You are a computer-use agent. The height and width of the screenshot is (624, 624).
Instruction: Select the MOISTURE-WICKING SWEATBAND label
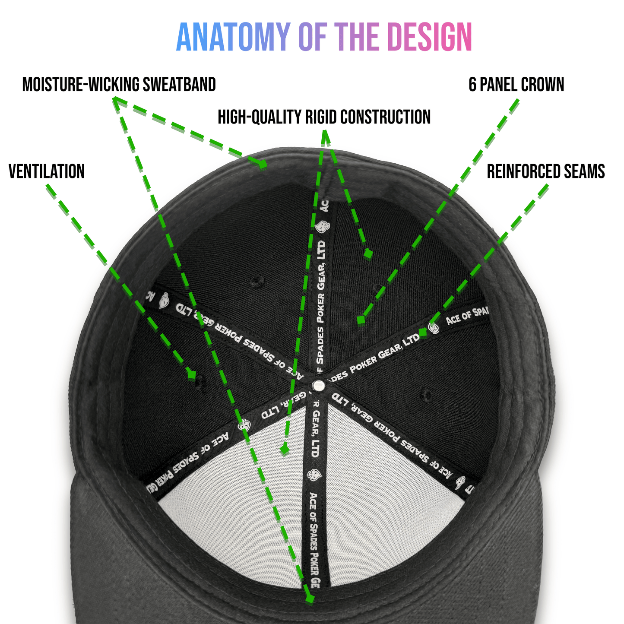(119, 85)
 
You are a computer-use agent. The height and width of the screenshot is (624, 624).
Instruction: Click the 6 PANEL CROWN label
(516, 85)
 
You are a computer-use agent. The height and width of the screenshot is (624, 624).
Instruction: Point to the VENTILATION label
(47, 171)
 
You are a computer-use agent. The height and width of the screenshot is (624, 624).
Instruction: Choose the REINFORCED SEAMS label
(546, 171)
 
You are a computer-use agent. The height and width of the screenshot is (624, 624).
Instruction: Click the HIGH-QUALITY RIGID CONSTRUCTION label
(324, 117)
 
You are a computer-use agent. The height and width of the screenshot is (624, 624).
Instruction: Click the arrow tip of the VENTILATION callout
(191, 375)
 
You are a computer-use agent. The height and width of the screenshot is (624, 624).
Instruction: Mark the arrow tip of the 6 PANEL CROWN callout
(361, 320)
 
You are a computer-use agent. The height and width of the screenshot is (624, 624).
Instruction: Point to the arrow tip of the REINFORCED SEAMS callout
(423, 332)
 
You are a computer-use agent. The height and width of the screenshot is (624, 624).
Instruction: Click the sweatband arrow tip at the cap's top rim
(262, 164)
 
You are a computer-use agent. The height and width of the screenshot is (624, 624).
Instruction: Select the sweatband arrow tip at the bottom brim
(309, 599)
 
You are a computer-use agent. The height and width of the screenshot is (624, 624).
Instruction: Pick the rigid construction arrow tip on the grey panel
(284, 450)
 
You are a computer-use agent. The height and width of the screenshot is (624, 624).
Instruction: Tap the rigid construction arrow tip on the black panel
(368, 255)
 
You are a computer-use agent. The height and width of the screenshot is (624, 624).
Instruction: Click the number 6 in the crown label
(472, 85)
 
